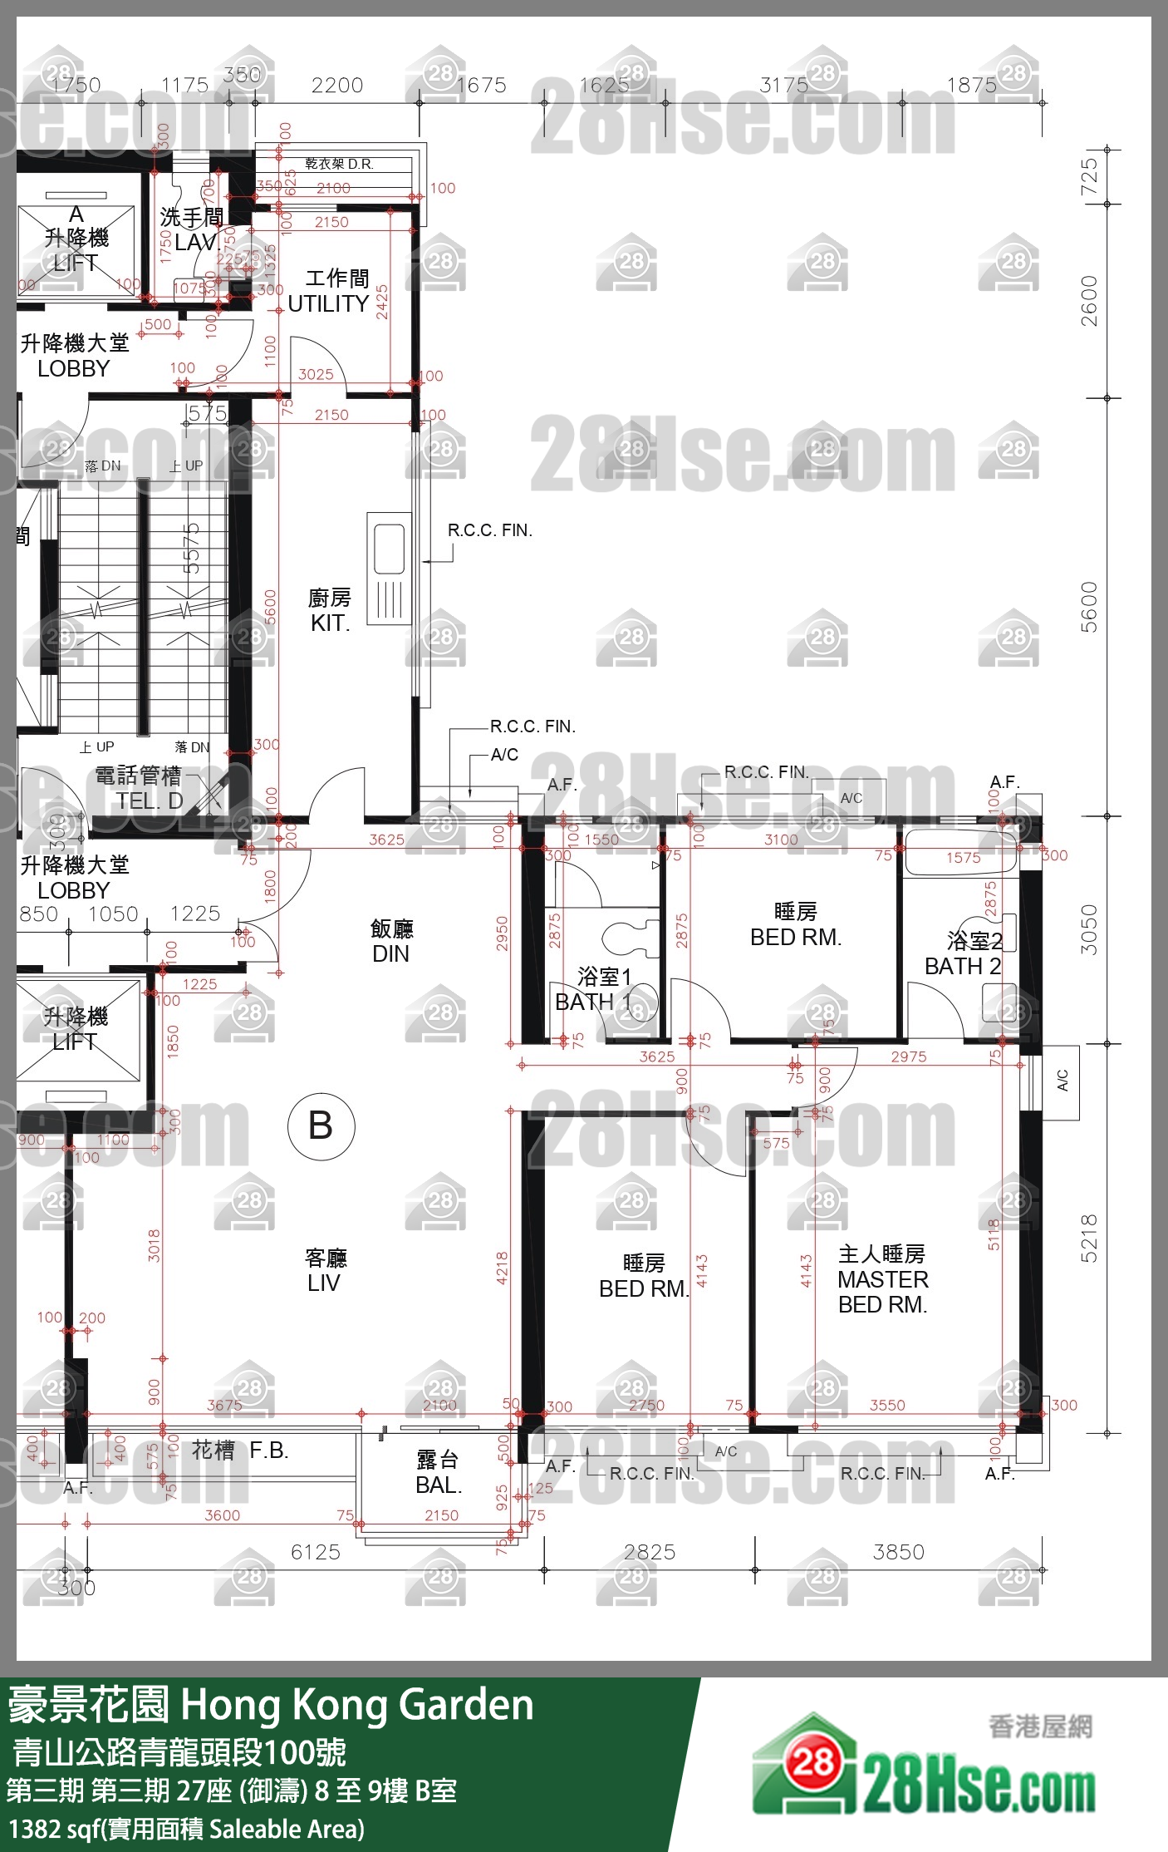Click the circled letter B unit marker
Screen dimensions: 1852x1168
point(321,1126)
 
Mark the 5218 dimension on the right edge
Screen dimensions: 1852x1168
point(1089,1239)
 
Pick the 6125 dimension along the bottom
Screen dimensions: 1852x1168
point(316,1552)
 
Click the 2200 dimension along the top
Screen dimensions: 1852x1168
point(337,85)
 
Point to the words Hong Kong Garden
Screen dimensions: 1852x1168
point(357,1705)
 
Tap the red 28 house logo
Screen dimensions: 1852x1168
point(812,1761)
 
